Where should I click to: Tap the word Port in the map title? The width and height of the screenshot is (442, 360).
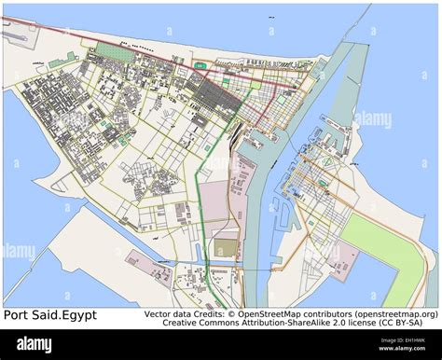tap(16, 315)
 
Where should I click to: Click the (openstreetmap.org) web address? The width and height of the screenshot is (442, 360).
tap(391, 314)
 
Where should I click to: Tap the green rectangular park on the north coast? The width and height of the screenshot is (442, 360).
tap(116, 53)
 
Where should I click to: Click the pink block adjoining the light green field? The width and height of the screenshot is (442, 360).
tap(342, 256)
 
